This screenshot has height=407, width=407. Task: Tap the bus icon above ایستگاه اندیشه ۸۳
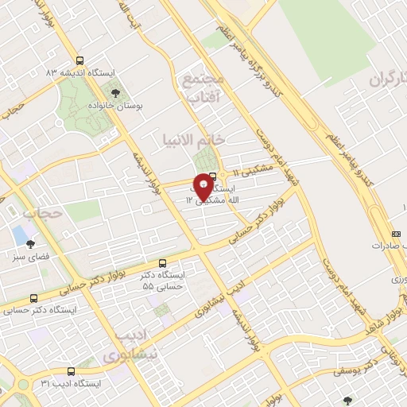point(79,60)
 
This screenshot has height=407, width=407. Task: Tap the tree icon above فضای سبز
point(30,244)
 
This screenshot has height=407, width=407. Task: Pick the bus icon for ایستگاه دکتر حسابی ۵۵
point(163,262)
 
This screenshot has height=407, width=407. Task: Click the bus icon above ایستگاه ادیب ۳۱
point(72,371)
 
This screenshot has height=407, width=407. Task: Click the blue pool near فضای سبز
point(20,235)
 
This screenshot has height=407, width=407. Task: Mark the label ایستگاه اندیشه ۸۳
point(80,72)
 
